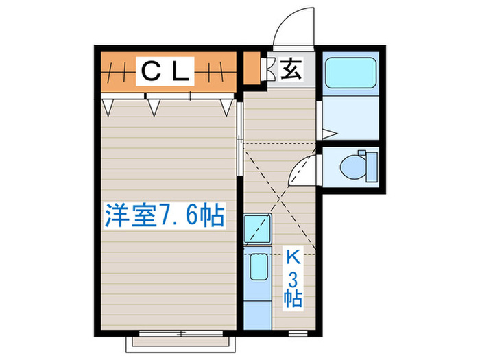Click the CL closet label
[x=165, y=71]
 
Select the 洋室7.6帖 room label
[x=164, y=216]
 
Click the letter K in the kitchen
[x=293, y=259]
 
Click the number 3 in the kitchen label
[x=293, y=278]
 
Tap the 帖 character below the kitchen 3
[x=293, y=299]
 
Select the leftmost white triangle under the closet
[x=108, y=105]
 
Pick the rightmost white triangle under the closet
[x=226, y=105]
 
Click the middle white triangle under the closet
[x=155, y=105]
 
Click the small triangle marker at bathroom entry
[x=328, y=132]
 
